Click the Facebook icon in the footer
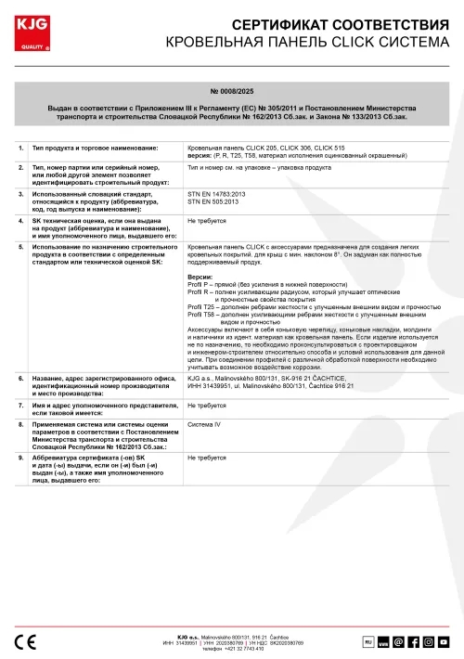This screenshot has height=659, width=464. click(x=414, y=641)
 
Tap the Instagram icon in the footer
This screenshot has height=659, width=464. click(x=429, y=641)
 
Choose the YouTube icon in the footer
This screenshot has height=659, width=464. click(x=444, y=641)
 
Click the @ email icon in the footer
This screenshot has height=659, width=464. click(x=399, y=641)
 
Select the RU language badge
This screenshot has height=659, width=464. click(x=367, y=640)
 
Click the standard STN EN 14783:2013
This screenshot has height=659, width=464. click(x=216, y=193)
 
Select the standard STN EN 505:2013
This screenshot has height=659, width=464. click(x=214, y=200)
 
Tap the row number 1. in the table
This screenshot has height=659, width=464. click(x=21, y=148)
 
